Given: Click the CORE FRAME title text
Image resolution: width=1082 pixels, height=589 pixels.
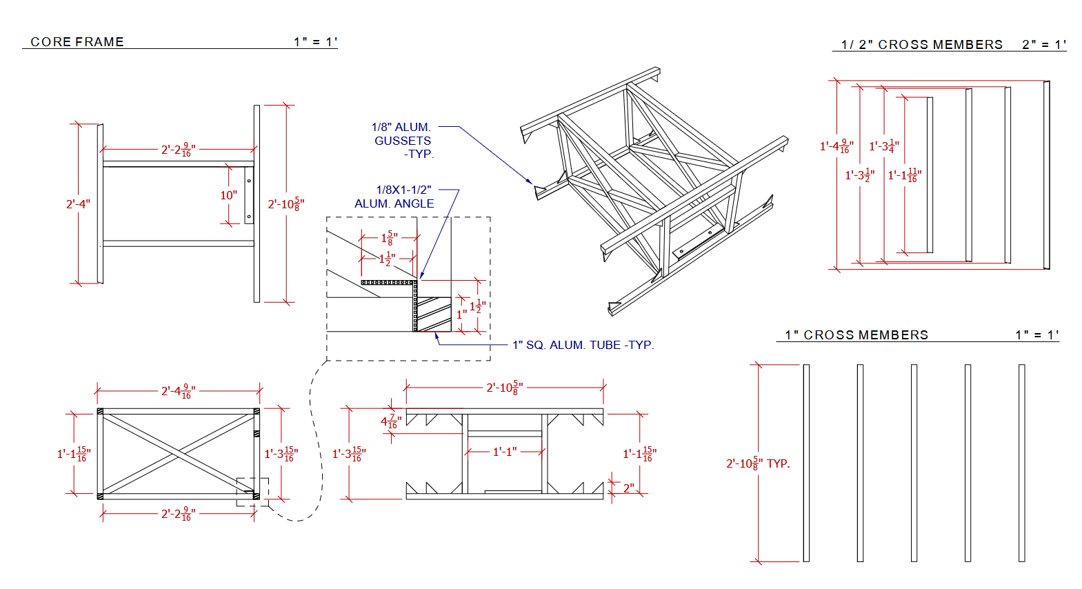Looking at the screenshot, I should pos(77,42).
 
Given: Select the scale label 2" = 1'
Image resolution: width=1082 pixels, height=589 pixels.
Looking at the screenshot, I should pos(1043,45).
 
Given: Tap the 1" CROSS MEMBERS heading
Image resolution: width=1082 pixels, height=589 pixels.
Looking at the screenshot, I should pos(856,335).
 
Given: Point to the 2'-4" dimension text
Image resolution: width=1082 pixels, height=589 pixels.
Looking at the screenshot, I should pos(78,204).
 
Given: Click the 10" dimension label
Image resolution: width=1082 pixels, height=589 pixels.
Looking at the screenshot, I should pos(228,196).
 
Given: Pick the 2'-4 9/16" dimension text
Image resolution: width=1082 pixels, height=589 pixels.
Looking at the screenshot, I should pos(178,392).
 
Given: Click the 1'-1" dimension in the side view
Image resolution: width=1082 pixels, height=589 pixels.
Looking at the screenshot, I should pos(504,452).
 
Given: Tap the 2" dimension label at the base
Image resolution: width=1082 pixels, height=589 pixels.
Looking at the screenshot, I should pos(628,488).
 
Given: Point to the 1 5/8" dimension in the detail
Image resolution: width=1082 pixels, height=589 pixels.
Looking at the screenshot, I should pos(389,239).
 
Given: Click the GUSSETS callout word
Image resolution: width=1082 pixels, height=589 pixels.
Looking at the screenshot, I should pos(403,141).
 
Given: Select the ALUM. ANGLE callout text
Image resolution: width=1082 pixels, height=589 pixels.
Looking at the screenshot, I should pos(394,204).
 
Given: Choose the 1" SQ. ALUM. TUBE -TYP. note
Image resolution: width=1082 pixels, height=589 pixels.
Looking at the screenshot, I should pos(583,345).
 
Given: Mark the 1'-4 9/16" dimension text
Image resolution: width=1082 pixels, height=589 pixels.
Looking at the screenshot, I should pos(836,147).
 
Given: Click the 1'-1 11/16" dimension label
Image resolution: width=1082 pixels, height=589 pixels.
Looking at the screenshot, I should pos(904,176).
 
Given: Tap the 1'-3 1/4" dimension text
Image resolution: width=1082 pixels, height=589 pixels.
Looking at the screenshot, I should pos(883,146).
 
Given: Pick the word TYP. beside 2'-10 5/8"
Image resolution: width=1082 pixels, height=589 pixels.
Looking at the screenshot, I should pos(778,464).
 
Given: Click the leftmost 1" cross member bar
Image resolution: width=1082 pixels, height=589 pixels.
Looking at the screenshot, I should pos(806,462).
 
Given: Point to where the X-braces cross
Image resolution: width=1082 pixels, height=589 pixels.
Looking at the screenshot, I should pos(179,452).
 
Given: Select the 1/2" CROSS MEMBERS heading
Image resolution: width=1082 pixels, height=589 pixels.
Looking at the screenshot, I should pos(921,45).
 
